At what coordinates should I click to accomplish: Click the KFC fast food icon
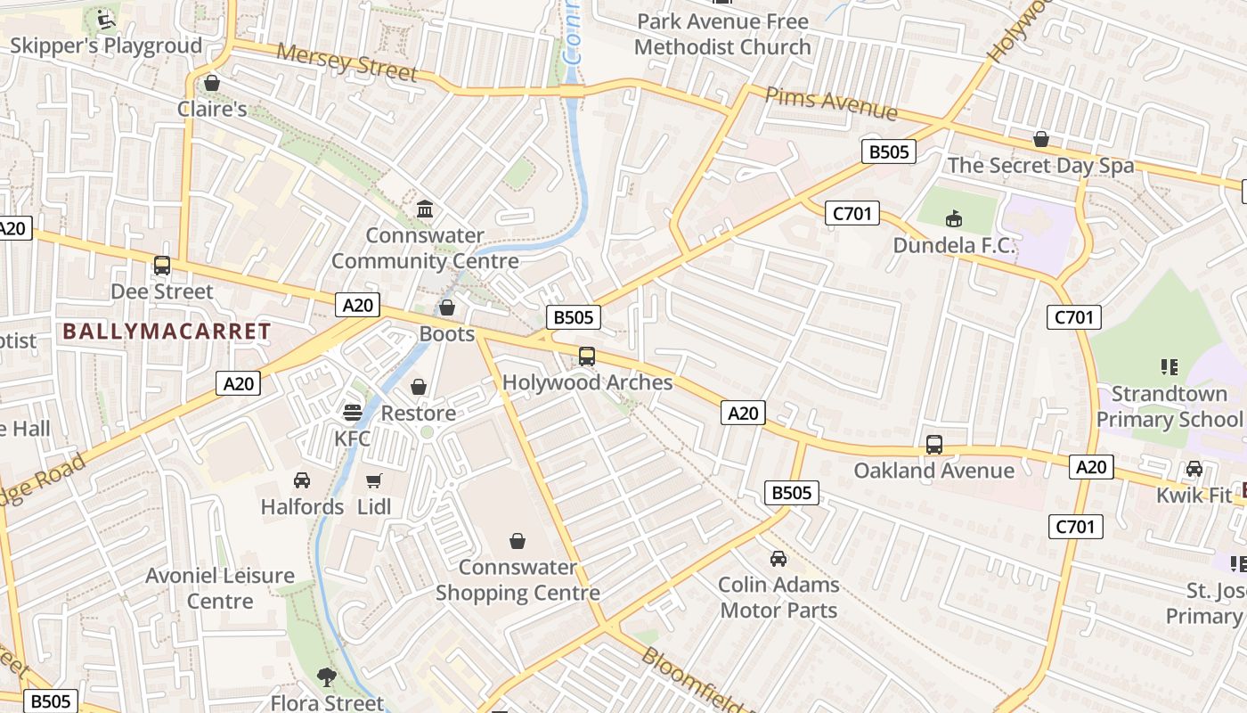coord(353,413)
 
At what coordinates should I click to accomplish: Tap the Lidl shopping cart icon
coord(374,481)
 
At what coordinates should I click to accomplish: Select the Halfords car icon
coord(302,480)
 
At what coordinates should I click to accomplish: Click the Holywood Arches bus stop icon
coord(587,356)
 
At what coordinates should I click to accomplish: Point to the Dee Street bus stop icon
coord(162,266)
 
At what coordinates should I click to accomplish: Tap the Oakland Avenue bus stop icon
coord(934,445)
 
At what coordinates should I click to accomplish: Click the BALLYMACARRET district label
coord(167,332)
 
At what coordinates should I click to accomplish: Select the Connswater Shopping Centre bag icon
coord(518,541)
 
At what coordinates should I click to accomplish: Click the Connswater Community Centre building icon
coord(426,210)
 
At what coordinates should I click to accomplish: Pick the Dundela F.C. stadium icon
coord(954,218)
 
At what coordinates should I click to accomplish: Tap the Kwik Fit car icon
coord(1194,469)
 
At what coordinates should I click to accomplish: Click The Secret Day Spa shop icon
coord(1040,139)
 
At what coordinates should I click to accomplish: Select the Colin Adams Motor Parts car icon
coord(778,559)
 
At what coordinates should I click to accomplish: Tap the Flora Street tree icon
coord(327,677)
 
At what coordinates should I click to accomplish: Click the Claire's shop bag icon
coord(212,83)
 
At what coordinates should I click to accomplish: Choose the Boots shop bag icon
coord(447,307)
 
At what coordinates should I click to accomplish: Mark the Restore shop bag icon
coord(419,387)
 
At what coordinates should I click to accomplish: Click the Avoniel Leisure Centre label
coord(220,588)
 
